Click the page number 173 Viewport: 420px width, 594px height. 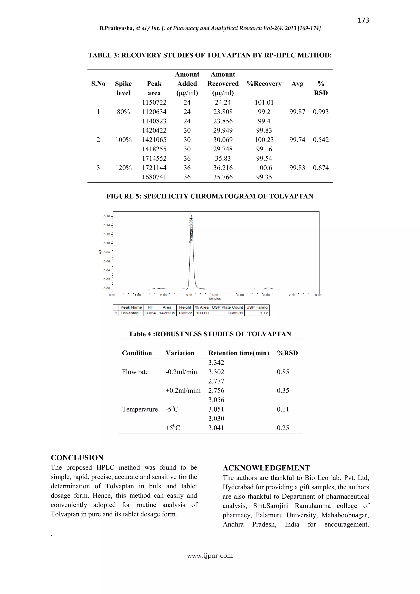363,20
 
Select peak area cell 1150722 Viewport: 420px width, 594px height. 154,102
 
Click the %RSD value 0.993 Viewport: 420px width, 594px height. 321,112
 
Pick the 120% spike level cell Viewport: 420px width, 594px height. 123,168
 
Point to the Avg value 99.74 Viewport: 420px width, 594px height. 297,140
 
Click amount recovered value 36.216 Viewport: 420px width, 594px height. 223,168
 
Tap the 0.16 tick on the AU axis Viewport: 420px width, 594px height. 107,216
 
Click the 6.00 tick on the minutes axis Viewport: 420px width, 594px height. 266,295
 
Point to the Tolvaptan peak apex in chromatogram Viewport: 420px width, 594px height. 191,215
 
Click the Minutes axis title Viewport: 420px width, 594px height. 215,299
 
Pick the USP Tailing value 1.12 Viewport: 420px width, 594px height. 264,313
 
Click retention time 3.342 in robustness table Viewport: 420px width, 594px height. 216,363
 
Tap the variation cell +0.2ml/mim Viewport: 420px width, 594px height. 183,390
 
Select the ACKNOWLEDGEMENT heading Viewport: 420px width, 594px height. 266,468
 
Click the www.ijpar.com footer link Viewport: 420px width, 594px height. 210,555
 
